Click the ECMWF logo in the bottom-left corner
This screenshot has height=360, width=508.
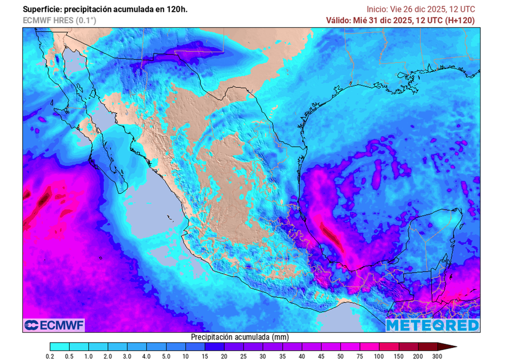point(54,325)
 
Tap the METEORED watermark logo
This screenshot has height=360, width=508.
point(433,325)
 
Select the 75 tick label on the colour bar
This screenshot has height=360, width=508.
point(361,356)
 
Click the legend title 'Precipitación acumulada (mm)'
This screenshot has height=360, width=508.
point(240,337)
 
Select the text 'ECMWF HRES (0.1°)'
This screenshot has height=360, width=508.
point(60,20)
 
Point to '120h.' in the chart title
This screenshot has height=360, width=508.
point(178,9)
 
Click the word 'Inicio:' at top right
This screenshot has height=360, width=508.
point(377,9)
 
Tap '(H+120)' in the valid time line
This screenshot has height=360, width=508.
point(459,20)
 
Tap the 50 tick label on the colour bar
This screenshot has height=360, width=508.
point(341,356)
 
